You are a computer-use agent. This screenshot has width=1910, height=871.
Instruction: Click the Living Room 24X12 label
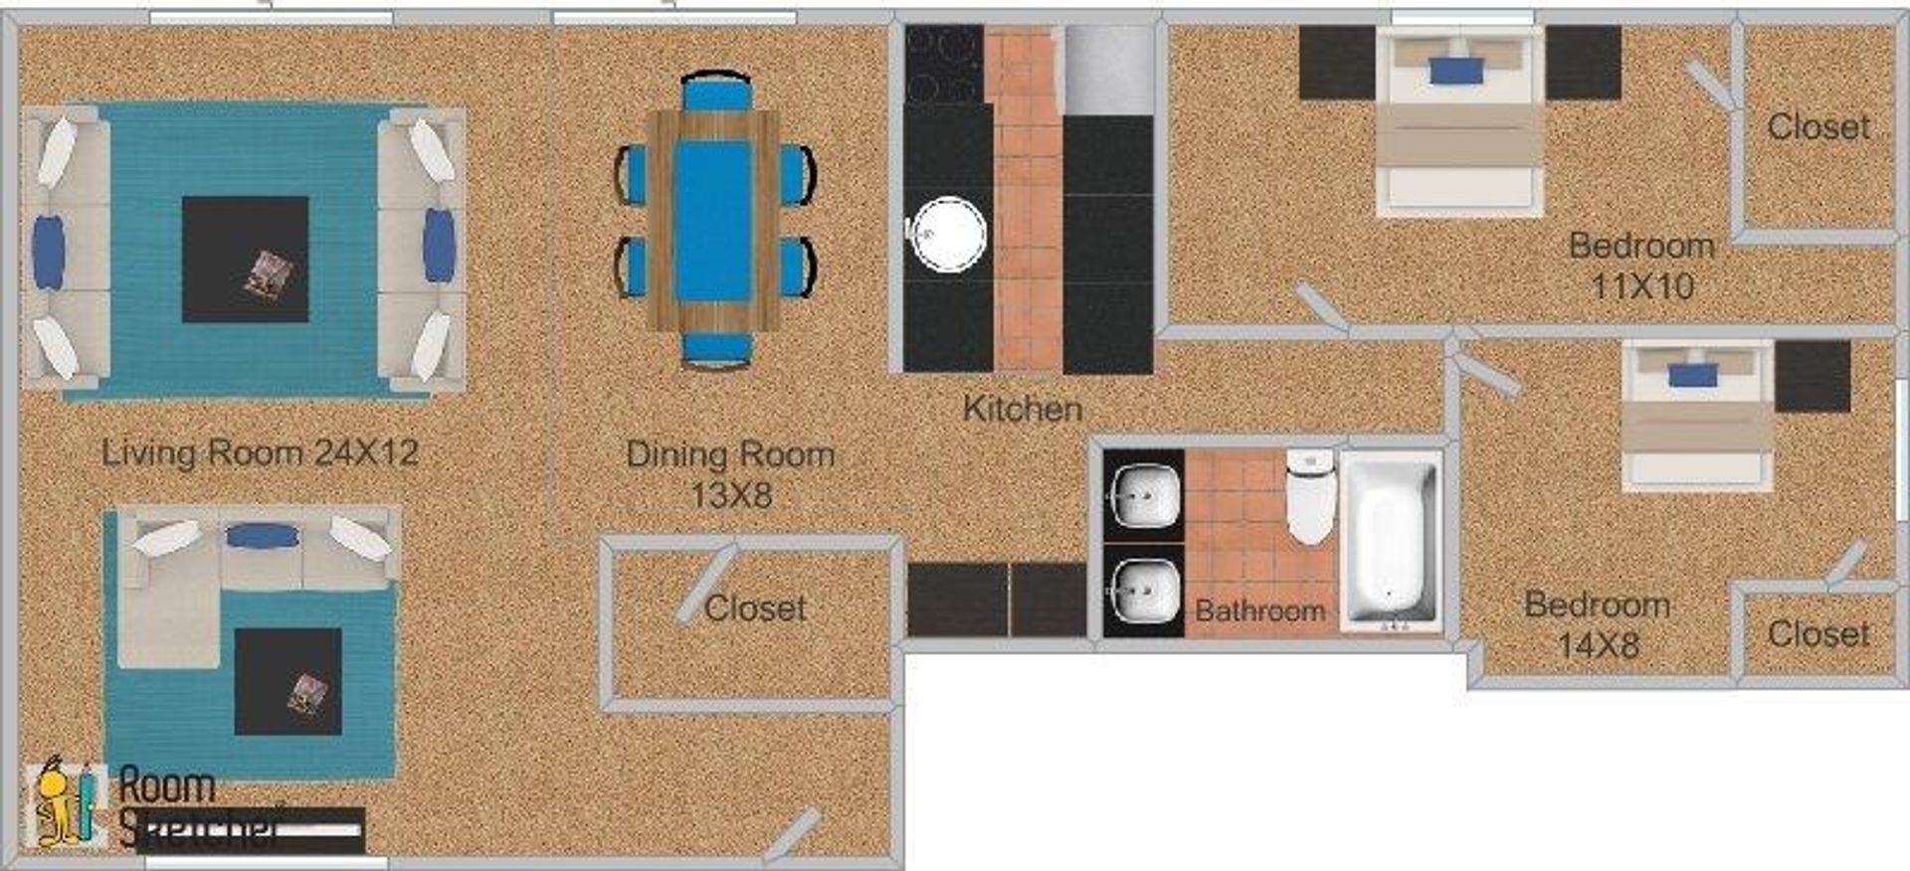point(260,453)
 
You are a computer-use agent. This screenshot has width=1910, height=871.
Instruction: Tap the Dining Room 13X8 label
point(730,474)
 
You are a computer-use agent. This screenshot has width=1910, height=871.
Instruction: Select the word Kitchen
point(1022,409)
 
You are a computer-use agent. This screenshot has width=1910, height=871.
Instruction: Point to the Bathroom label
point(1259,610)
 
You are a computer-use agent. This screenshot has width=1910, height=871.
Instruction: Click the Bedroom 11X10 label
point(1641,265)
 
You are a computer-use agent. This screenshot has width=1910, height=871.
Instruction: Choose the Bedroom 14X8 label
point(1597,624)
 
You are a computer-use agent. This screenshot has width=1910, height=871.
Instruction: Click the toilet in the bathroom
point(1309,495)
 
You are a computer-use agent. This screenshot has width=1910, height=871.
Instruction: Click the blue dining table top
point(712,220)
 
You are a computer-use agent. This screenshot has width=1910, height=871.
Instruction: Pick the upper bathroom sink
point(1145,494)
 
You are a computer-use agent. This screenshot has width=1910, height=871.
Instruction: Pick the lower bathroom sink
point(1145,592)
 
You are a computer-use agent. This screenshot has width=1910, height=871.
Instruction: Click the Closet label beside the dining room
point(755,608)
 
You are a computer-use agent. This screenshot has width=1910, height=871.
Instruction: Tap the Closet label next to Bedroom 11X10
point(1817,127)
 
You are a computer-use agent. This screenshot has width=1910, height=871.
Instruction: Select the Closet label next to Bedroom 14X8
point(1817,633)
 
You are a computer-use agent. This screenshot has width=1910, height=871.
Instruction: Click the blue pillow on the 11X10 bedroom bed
point(1456,70)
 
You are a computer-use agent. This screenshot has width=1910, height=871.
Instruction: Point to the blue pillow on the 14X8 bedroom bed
point(1693,375)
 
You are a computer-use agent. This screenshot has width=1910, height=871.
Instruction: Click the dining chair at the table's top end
point(716,91)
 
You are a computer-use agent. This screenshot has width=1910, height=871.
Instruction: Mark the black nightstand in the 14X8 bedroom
point(1812,376)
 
